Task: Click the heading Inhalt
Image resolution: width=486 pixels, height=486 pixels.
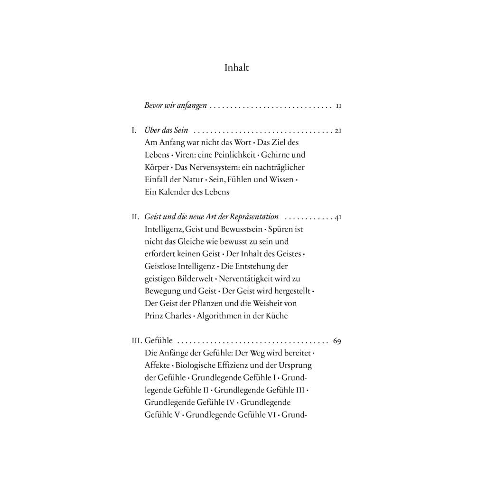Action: tap(236, 68)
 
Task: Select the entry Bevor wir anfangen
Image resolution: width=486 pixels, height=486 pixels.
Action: tap(176, 106)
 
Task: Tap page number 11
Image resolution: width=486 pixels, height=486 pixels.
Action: tap(338, 106)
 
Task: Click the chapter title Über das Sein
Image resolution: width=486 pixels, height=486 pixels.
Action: tap(166, 130)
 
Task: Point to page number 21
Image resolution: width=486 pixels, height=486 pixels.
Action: tap(338, 130)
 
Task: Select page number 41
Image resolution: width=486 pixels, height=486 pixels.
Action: tap(338, 217)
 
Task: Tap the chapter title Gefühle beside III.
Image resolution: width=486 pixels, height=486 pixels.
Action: tap(159, 341)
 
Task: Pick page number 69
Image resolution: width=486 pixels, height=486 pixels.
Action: tap(337, 341)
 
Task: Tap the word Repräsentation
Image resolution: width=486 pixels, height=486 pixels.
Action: tap(254, 217)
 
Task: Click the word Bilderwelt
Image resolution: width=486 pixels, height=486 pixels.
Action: tap(192, 279)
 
